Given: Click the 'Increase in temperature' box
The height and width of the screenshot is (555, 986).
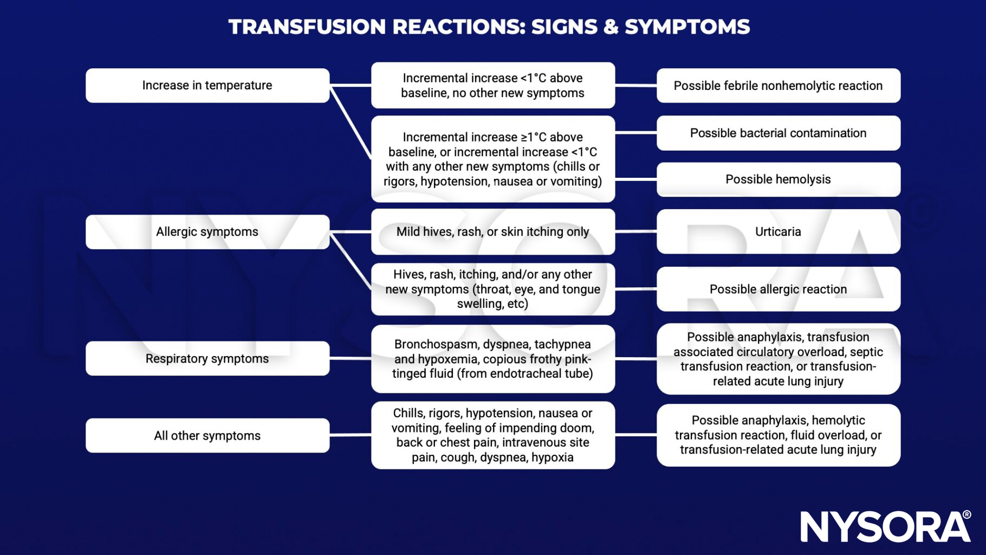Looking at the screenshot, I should [207, 85].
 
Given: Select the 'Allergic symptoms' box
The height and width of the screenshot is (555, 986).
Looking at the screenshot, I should [207, 231].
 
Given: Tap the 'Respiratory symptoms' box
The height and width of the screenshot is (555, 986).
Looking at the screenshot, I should [207, 358].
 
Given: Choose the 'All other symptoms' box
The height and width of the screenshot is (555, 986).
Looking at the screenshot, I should [207, 435].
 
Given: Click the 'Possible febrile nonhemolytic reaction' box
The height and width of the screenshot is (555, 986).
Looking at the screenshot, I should [778, 86].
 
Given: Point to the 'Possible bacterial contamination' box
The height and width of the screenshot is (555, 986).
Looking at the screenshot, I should [778, 133].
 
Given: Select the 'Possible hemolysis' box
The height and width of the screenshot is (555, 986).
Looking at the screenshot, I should [778, 179].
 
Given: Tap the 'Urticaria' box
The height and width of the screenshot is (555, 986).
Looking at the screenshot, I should [778, 231].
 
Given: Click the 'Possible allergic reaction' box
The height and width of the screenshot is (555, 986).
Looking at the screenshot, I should [778, 289].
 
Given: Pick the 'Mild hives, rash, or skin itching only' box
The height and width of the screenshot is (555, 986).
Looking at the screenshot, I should [492, 231].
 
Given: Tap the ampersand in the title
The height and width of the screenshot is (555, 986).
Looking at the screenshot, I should [610, 27].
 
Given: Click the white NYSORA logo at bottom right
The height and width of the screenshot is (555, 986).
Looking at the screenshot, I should [885, 526].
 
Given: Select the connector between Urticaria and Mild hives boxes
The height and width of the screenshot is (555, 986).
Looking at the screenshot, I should [635, 231].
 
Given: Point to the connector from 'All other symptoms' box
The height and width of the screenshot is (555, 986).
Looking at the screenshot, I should [350, 435].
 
